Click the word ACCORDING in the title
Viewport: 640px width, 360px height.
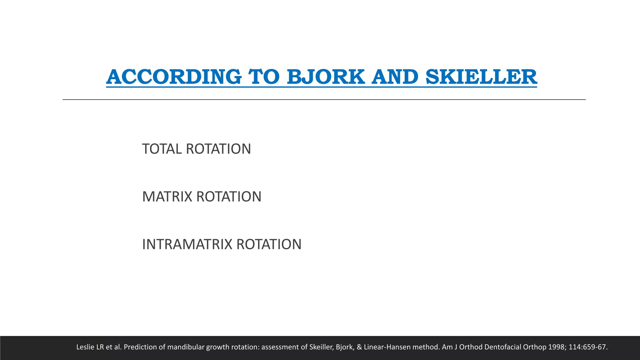coord(174,77)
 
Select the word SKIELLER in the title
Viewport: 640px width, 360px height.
coord(481,77)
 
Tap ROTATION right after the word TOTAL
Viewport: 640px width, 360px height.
coord(218,149)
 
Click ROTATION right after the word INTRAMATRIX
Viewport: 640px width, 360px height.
coord(269,244)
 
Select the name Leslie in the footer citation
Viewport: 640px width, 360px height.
coord(86,347)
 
